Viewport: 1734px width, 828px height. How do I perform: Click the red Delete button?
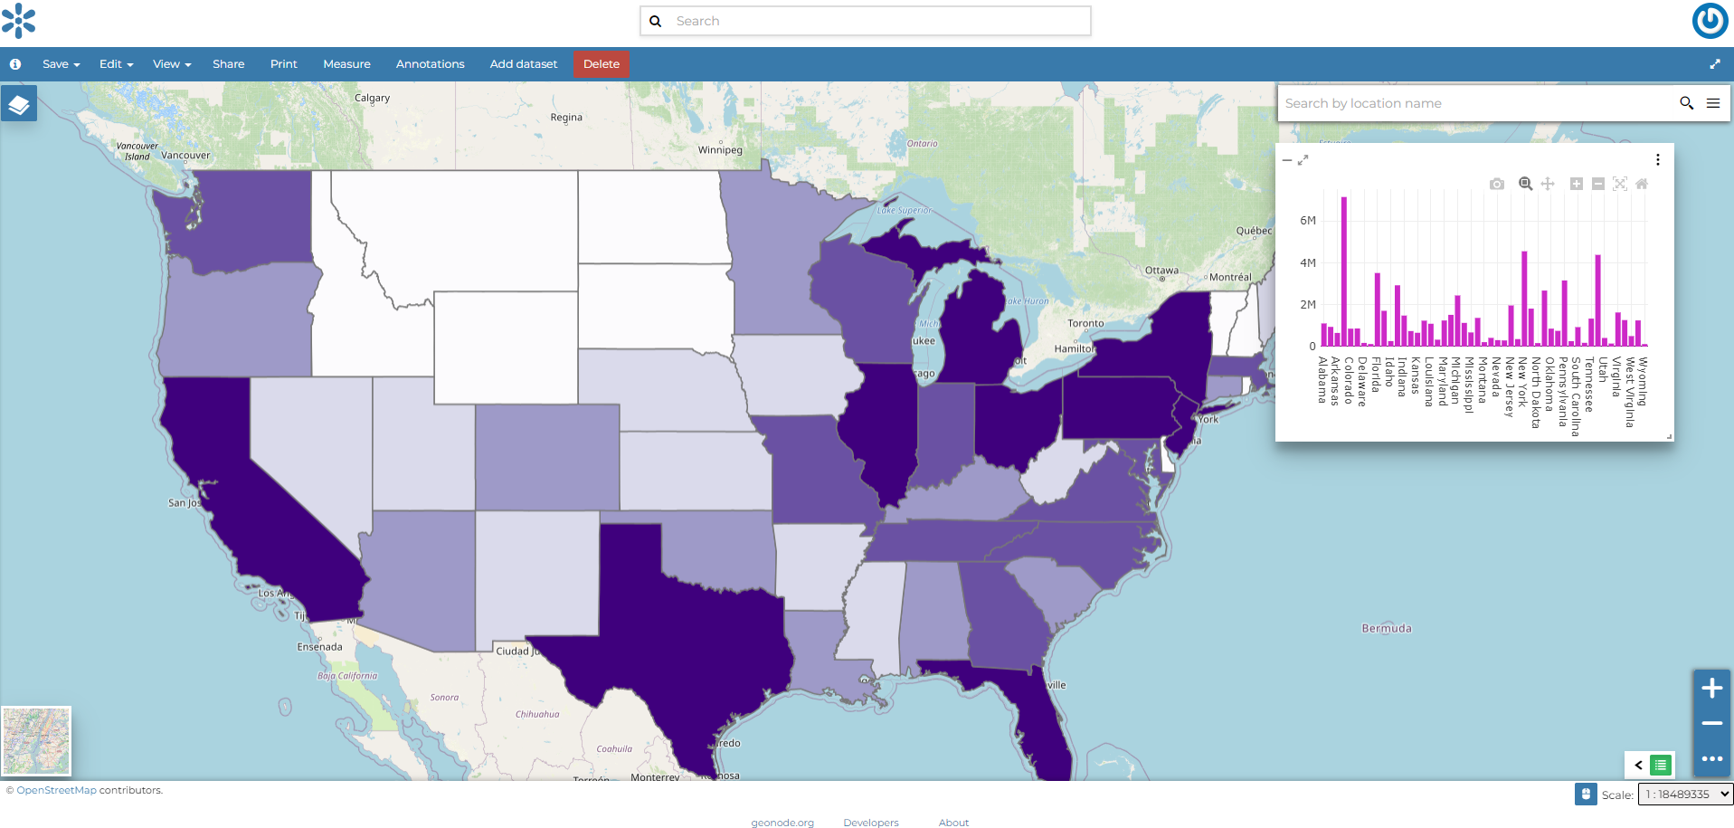pos(601,64)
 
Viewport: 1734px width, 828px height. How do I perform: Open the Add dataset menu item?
pos(523,64)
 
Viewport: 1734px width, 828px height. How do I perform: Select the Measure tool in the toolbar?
pos(346,64)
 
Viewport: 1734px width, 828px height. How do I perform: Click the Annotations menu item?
pos(430,64)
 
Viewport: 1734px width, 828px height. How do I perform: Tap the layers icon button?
pos(19,105)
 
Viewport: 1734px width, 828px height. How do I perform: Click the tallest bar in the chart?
pos(1344,271)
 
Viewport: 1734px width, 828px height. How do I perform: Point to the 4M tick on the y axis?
pos(1307,263)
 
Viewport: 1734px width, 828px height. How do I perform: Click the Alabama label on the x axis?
pos(1322,380)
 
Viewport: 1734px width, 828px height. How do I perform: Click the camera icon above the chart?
pos(1497,184)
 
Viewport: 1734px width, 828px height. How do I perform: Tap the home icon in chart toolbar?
pos(1642,184)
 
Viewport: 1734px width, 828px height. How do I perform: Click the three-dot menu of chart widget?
pos(1657,160)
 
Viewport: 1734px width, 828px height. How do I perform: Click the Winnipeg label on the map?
pos(720,150)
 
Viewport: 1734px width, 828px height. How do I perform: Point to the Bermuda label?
pos(1386,629)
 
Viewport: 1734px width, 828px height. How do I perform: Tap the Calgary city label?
pos(372,98)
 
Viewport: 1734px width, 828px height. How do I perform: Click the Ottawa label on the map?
pos(1161,271)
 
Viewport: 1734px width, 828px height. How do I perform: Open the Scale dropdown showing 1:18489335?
pos(1684,795)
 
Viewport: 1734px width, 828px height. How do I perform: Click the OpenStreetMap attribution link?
pos(56,791)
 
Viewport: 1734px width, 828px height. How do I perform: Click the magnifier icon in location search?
pos(1686,103)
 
